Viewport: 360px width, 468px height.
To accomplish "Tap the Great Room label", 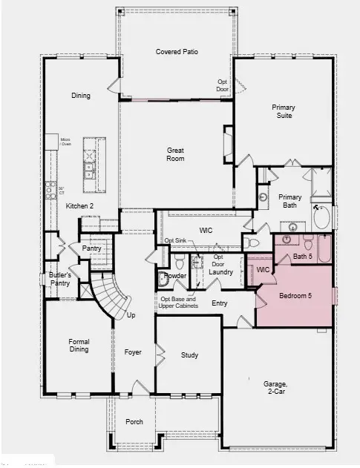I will [175, 154].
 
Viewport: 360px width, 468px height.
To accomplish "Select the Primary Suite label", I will [282, 111].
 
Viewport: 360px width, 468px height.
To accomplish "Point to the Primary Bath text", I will [289, 202].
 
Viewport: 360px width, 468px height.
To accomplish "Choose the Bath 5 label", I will [303, 257].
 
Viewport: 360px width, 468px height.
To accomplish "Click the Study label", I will [189, 355].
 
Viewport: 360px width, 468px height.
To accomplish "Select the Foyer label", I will [133, 352].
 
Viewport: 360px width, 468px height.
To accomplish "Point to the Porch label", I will [134, 422].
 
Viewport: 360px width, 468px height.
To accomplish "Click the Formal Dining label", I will [79, 346].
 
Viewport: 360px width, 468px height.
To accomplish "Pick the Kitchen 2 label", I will [79, 205].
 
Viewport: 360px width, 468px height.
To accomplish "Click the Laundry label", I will [221, 272].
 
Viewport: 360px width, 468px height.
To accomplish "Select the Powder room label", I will [175, 275].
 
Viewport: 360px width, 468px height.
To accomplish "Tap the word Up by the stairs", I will [132, 315].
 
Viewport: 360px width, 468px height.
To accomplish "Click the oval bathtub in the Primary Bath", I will [322, 216].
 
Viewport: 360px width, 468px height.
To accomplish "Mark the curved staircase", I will [111, 295].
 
